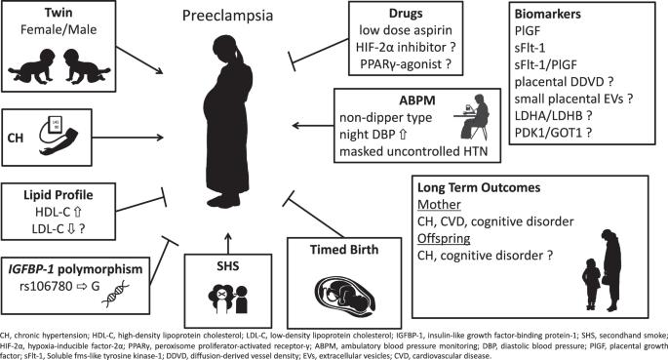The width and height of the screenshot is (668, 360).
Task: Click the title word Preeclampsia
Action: pyautogui.click(x=227, y=16)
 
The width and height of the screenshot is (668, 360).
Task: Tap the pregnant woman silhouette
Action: pyautogui.click(x=228, y=121)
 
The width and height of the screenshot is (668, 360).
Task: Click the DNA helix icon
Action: pyautogui.click(x=115, y=293)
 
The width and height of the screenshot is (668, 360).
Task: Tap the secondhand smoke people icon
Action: pyautogui.click(x=228, y=299)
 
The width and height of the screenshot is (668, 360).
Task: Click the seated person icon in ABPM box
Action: pyautogui.click(x=474, y=116)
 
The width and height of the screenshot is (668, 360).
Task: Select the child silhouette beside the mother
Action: pyautogui.click(x=591, y=284)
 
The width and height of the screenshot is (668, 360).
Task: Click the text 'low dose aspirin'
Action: pyautogui.click(x=405, y=30)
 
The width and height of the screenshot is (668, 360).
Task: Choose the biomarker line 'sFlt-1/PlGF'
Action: pyautogui.click(x=546, y=64)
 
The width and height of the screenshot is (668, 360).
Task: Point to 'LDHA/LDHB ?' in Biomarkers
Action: pyautogui.click(x=553, y=115)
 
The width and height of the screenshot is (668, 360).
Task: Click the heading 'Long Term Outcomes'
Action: pyautogui.click(x=479, y=187)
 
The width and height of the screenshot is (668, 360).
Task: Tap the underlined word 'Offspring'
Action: pyautogui.click(x=444, y=238)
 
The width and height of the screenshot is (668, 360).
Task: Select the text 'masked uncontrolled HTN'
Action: pyautogui.click(x=413, y=151)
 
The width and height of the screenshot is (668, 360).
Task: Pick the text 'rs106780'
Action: pyautogui.click(x=46, y=286)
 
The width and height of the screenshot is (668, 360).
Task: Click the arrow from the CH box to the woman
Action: pyautogui.click(x=128, y=138)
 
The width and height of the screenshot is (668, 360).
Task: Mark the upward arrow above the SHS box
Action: pyautogui.click(x=228, y=243)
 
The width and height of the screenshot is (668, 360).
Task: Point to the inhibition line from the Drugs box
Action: pyautogui.click(x=319, y=54)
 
